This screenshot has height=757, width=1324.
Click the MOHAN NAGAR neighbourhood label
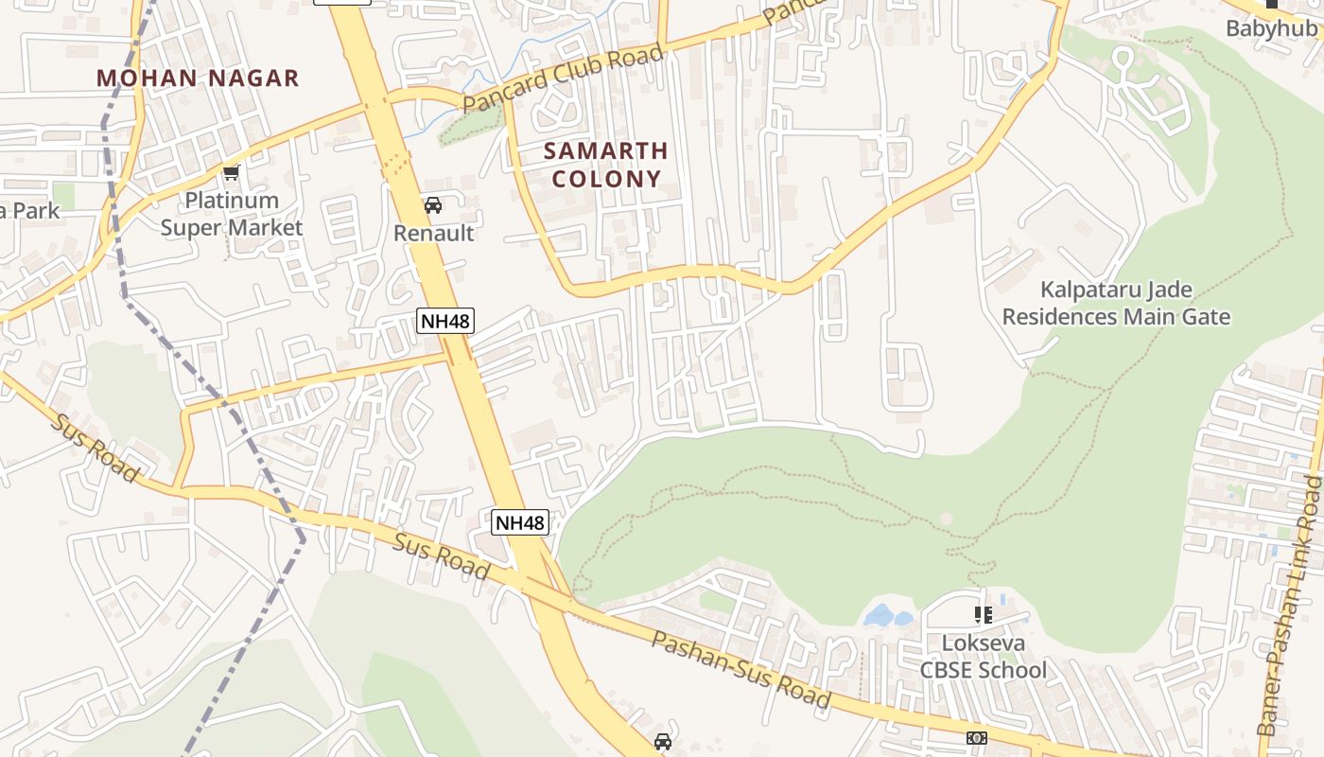coord(198,78)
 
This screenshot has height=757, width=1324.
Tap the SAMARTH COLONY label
coord(606,165)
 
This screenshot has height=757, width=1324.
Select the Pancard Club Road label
coord(564,79)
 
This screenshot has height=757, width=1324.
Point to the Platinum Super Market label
coord(232,214)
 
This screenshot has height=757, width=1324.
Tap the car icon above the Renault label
coord(433,205)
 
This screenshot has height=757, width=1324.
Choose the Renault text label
coord(433,233)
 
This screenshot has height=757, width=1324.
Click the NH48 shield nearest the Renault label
coord(444,321)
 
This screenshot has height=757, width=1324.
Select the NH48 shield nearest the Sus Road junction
coord(520,522)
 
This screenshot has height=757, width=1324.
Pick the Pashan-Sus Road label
coord(741,670)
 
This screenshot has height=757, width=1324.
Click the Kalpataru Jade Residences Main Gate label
coord(1116,303)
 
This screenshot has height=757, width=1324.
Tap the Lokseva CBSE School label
coord(984,656)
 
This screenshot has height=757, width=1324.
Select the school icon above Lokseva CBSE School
coord(984,615)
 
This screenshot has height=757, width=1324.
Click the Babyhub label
coord(1271,28)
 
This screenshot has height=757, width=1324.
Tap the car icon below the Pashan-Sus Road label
coord(663,742)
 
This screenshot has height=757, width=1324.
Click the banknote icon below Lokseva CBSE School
coord(977,737)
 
